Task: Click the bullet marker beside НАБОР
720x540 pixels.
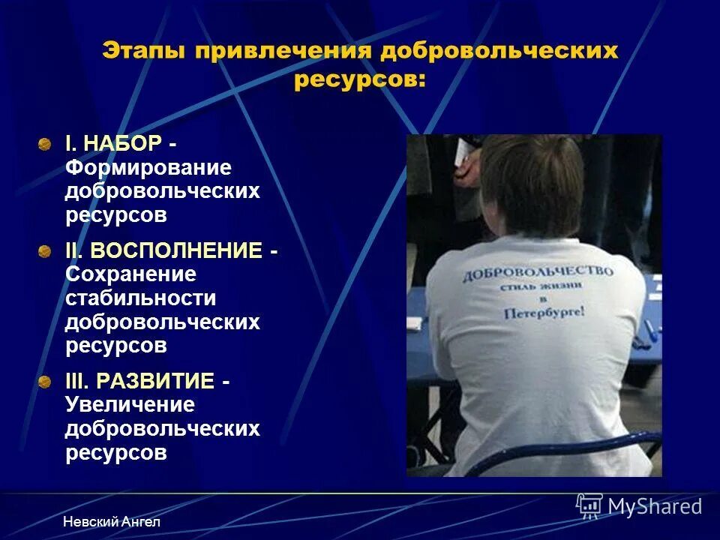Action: (46, 142)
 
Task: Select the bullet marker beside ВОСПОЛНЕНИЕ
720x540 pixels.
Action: (46, 250)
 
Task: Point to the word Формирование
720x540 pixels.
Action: (148, 167)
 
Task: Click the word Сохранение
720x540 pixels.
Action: (130, 274)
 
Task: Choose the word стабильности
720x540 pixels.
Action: (140, 298)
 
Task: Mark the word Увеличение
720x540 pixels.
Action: (130, 405)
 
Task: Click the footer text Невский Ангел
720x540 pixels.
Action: (112, 521)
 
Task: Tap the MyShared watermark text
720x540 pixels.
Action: (655, 506)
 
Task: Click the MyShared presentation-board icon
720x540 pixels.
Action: (589, 505)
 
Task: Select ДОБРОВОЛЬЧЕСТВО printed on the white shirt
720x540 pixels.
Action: (538, 273)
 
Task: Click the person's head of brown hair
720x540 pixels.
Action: (532, 184)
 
